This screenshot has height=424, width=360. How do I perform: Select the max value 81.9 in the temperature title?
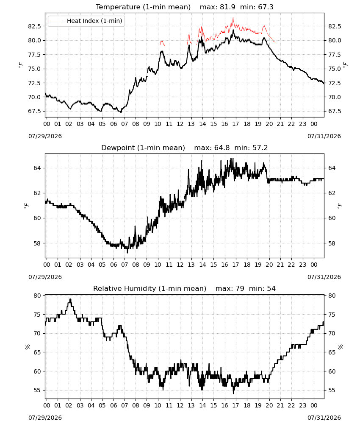click(x=228, y=7)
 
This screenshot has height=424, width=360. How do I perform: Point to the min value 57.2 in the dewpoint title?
click(x=260, y=148)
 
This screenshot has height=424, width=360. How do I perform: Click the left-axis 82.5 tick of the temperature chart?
click(x=35, y=26)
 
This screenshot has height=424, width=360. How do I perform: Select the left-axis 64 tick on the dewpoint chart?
click(x=37, y=168)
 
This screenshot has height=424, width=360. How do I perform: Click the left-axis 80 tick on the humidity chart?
click(x=37, y=296)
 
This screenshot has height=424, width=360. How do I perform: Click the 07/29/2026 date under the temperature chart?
click(x=45, y=136)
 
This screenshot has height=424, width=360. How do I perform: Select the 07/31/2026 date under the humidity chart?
click(x=324, y=418)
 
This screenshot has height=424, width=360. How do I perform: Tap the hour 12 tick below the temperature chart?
click(x=180, y=124)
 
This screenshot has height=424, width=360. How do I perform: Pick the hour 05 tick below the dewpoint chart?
click(x=102, y=265)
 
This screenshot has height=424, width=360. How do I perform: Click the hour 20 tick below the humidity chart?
click(x=269, y=405)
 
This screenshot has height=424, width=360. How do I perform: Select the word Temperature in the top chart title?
click(x=118, y=7)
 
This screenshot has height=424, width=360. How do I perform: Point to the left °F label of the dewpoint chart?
click(x=26, y=206)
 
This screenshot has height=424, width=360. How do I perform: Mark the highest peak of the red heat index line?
click(x=233, y=17)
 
